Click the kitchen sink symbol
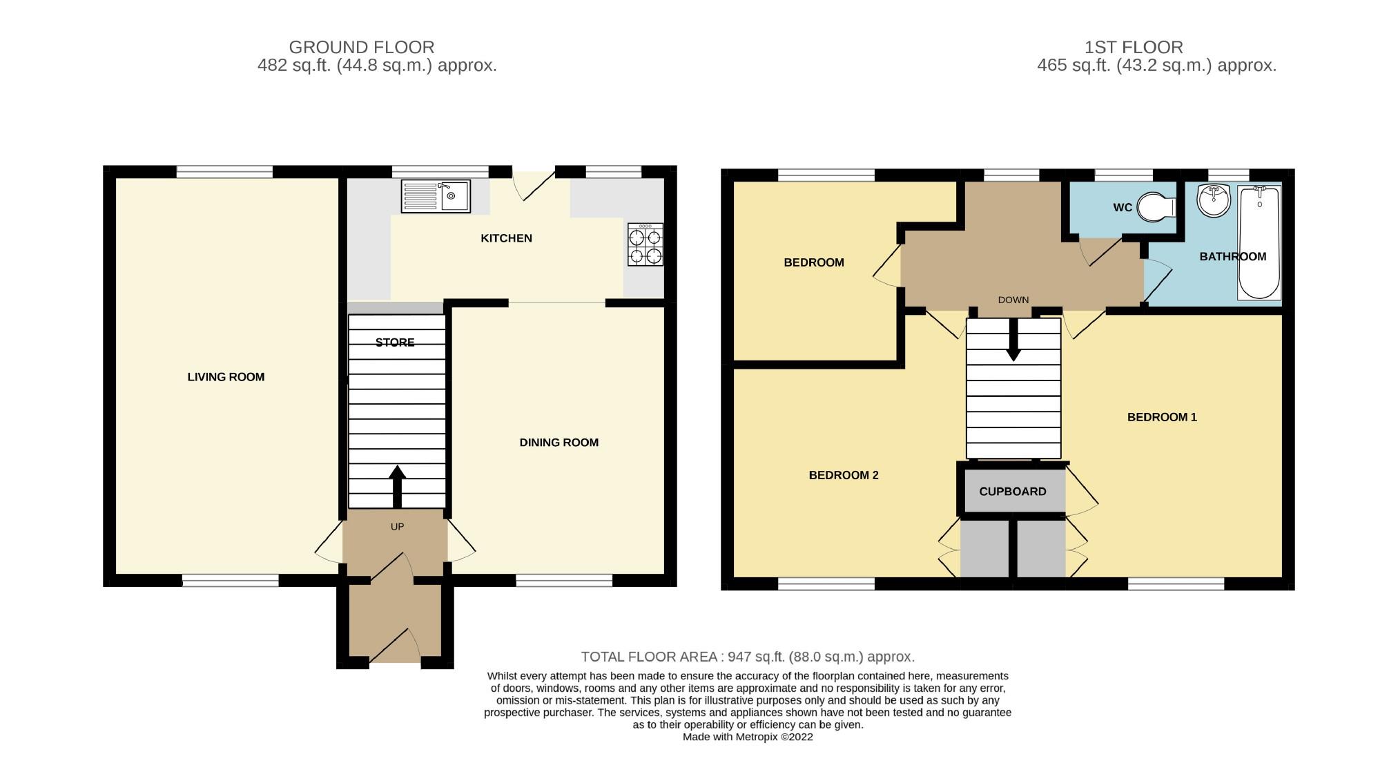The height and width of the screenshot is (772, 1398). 436,196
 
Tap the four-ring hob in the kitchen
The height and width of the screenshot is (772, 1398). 645,244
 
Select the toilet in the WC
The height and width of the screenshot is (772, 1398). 1156,206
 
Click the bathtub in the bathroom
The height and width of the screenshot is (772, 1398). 1259,242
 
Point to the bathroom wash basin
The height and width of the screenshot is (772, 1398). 1214,200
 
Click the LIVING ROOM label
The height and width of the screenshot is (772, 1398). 226,377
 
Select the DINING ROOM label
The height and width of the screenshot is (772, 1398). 559,443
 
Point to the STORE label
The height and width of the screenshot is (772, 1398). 395,342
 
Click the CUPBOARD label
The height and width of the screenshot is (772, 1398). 1013,492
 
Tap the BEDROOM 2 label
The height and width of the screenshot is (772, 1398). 844,475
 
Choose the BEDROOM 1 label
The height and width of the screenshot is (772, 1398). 1162,417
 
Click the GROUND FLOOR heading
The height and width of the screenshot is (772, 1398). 361,47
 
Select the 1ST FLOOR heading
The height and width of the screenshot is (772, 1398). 1134,47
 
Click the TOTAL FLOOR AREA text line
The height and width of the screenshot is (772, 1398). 748,657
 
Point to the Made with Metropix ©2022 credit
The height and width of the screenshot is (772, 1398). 748,737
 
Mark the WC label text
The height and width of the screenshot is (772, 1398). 1123,208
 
